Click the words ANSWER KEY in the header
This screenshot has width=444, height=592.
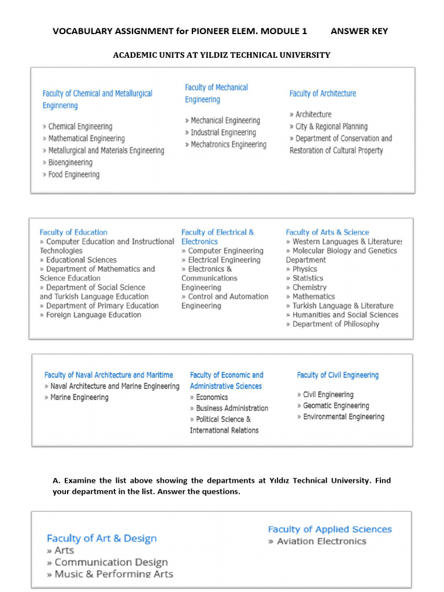click(359, 31)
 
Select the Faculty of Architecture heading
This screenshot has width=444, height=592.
click(323, 94)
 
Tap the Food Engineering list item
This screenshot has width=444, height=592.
click(73, 175)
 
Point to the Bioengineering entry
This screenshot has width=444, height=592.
click(70, 162)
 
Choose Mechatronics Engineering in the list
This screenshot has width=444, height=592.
click(228, 145)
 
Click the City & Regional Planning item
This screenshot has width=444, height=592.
click(331, 127)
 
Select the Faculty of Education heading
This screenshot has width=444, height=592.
click(73, 232)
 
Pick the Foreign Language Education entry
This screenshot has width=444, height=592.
click(93, 315)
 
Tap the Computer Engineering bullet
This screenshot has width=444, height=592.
click(225, 251)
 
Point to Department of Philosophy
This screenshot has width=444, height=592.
click(335, 324)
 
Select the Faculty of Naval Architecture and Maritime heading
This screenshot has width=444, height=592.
click(109, 375)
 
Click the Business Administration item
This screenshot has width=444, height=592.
click(232, 408)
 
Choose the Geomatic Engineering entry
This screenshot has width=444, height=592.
click(336, 406)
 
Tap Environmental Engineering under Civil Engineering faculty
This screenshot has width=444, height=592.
click(343, 417)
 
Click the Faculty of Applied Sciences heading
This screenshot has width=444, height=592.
click(330, 530)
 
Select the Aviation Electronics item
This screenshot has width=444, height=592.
click(321, 542)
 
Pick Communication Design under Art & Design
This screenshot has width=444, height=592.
click(111, 563)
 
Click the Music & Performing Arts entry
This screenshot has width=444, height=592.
click(113, 574)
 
